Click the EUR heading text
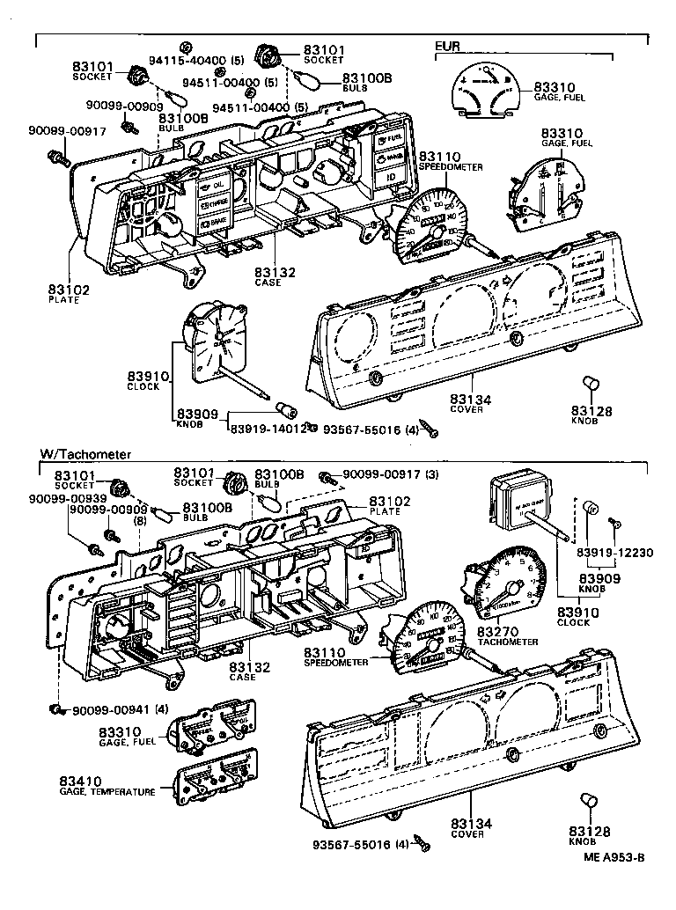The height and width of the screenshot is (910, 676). [x=447, y=45]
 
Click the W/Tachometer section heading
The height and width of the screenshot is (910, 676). [x=85, y=454]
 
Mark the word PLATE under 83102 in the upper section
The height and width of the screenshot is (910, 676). [x=63, y=299]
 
